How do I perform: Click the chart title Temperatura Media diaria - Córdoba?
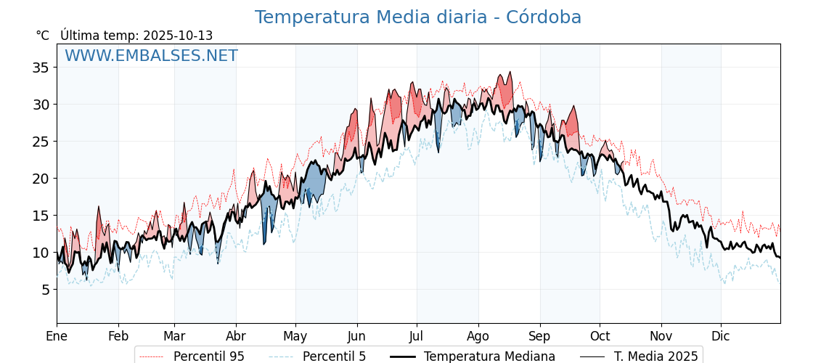pyautogui.click(x=417, y=17)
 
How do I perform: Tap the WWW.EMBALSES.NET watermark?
pyautogui.click(x=151, y=56)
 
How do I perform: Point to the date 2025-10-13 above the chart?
pyautogui.click(x=178, y=36)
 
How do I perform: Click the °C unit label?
pyautogui.click(x=42, y=36)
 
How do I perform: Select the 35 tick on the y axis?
pyautogui.click(x=41, y=68)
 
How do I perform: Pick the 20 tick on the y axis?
pyautogui.click(x=41, y=179)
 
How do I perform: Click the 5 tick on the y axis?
pyautogui.click(x=44, y=290)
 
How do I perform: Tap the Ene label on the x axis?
pyautogui.click(x=57, y=336)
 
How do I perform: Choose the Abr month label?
pyautogui.click(x=236, y=336)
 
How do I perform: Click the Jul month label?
pyautogui.click(x=417, y=336)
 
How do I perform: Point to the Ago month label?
pyautogui.click(x=478, y=336)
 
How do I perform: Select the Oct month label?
pyautogui.click(x=600, y=336)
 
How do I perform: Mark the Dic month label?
pyautogui.click(x=721, y=336)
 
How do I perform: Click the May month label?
pyautogui.click(x=295, y=336)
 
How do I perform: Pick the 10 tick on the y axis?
pyautogui.click(x=41, y=253)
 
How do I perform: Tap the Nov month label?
pyautogui.click(x=661, y=336)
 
